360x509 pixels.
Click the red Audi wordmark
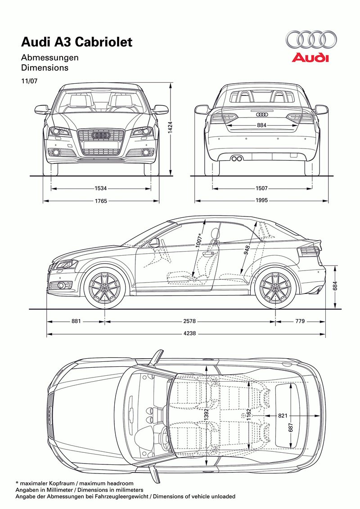310,58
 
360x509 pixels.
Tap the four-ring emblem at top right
310,40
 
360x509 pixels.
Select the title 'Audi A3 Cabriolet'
77,42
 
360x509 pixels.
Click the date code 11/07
27,81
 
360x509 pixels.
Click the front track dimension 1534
101,189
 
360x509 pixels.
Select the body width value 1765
101,201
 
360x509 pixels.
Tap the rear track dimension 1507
261,189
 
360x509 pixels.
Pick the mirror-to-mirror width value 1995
261,201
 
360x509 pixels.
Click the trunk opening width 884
261,125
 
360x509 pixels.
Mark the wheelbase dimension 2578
190,321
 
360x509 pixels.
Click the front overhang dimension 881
76,321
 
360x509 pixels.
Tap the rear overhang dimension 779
300,321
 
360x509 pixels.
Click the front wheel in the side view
105,288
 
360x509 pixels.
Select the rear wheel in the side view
275,288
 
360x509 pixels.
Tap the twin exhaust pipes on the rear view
237,158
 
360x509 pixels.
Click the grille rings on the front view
101,135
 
